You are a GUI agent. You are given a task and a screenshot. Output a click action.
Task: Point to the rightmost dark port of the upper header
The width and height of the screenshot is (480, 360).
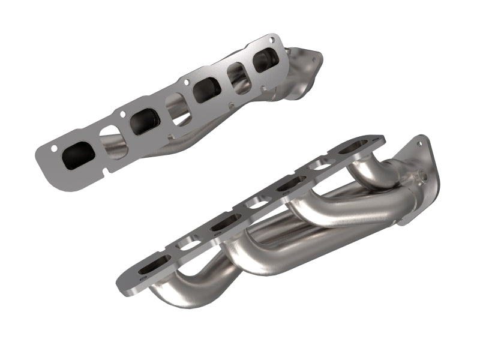[265, 60]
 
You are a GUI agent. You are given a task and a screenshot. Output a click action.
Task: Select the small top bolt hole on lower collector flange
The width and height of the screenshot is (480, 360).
[430, 145]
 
